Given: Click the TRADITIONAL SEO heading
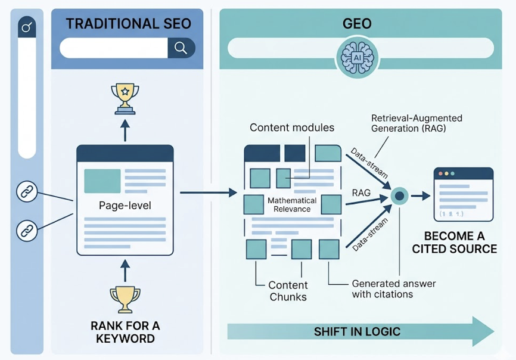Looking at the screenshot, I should [128, 24].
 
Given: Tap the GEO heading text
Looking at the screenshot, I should [357, 24].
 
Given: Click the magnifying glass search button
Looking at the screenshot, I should [181, 48].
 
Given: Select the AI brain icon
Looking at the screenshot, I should [356, 57].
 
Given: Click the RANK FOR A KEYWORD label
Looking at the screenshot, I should [125, 332].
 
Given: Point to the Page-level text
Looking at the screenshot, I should [125, 206].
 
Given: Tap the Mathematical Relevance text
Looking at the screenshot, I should [288, 205].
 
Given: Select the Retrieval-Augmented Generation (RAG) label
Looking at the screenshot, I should [416, 124].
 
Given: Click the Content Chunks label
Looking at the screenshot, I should [288, 291].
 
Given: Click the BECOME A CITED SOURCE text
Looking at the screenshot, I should [454, 242].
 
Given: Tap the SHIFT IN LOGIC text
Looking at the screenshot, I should [357, 331].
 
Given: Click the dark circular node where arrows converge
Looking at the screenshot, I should [400, 195].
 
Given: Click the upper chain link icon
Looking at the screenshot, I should [27, 192].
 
